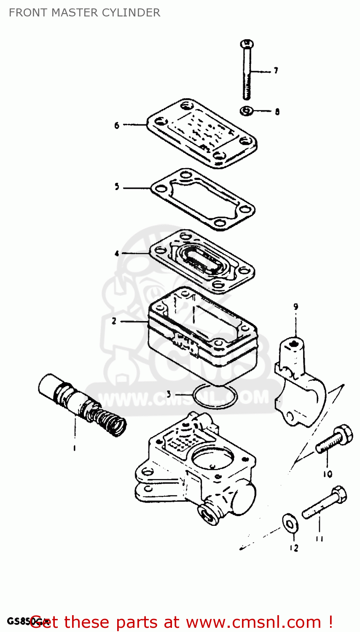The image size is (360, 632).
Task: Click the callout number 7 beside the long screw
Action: pyautogui.click(x=276, y=71)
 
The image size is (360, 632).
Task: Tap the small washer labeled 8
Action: pyautogui.click(x=247, y=111)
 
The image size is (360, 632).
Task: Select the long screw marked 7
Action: pyautogui.click(x=247, y=72)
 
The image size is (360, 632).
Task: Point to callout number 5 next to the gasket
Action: pyautogui.click(x=117, y=187)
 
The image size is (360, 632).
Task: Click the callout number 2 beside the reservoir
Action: pyautogui.click(x=114, y=321)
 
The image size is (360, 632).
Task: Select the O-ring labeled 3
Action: pyautogui.click(x=215, y=396)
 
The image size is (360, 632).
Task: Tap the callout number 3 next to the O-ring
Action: pyautogui.click(x=169, y=395)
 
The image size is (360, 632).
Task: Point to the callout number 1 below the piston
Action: pyautogui.click(x=75, y=448)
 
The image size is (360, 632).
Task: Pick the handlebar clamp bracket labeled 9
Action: pyautogui.click(x=299, y=379)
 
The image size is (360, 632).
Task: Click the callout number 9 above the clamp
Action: pyautogui.click(x=296, y=307)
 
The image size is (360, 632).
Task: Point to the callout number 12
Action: pyautogui.click(x=294, y=548)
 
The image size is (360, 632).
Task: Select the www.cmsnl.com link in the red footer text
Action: pyautogui.click(x=253, y=622)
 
